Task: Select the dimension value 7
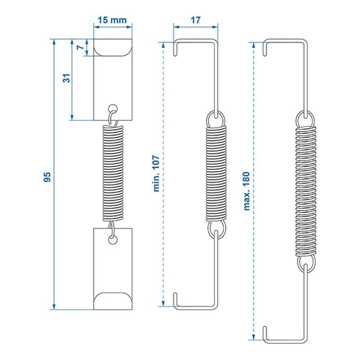(81, 48)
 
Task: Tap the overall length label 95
(47, 177)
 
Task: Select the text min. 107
(156, 172)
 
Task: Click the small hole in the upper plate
(114, 107)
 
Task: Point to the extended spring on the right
(305, 188)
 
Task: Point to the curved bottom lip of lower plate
(114, 301)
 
